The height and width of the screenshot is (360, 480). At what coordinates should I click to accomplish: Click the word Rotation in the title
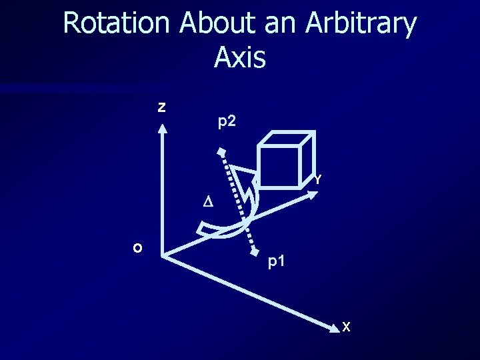coord(117,24)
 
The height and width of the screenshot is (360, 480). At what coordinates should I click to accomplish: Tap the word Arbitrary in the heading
coord(361,24)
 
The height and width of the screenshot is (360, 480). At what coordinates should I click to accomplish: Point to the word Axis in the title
coord(240,57)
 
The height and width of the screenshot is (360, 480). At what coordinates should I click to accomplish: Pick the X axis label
coord(345,327)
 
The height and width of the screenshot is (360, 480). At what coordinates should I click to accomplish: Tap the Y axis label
coord(319,179)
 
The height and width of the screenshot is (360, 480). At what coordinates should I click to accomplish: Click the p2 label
coord(227,122)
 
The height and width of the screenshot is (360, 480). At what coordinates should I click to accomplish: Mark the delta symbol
coord(207,202)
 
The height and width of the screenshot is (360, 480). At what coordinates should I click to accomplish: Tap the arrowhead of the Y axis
coord(321,191)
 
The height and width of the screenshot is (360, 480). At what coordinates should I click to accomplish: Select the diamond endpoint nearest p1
coord(255,253)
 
